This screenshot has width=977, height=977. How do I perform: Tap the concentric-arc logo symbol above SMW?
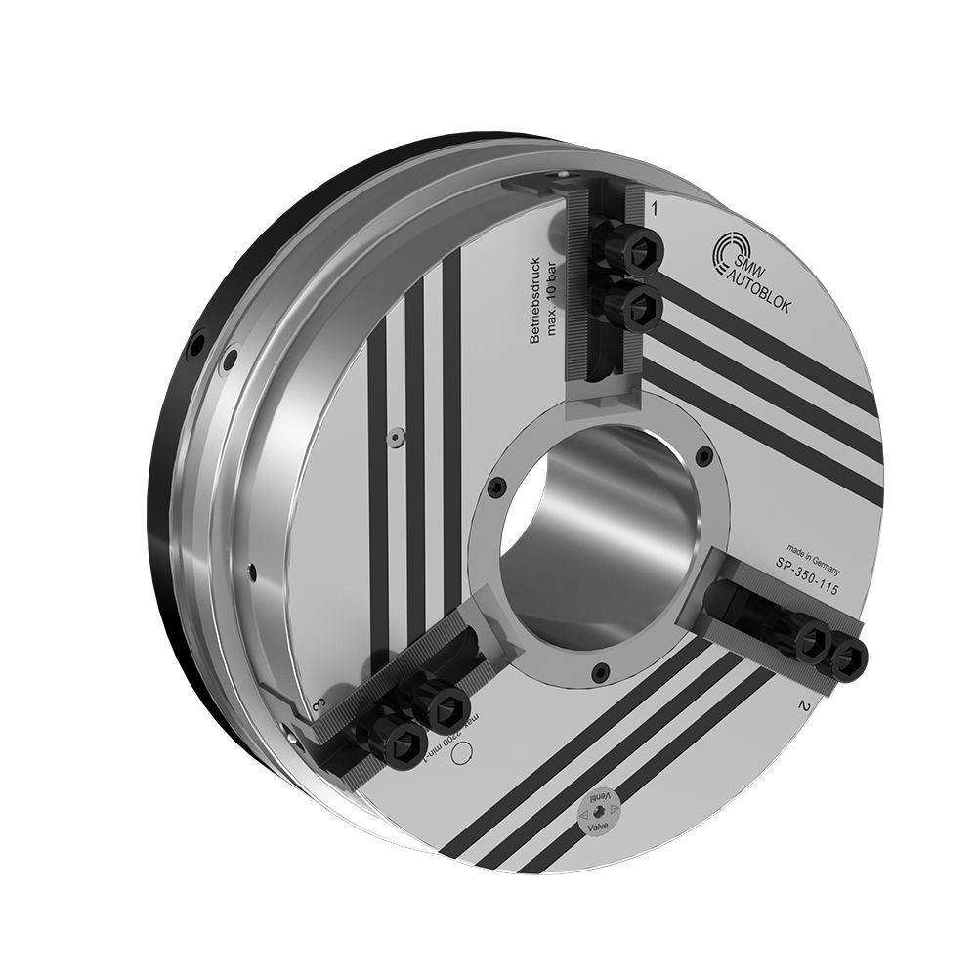coord(736,249)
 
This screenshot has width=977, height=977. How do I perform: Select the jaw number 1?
coord(654,208)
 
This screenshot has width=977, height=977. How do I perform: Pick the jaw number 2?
coord(803,705)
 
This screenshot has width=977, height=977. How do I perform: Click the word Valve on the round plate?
coord(595,827)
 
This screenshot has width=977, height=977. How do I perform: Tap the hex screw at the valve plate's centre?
coord(596,812)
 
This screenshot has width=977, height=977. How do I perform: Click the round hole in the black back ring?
coord(198,344)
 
